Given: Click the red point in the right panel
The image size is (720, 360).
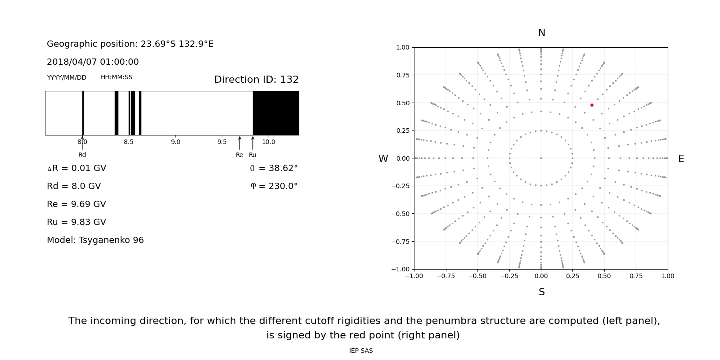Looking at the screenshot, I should coord(592,105).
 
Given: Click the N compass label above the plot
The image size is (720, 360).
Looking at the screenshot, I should coord(541,33).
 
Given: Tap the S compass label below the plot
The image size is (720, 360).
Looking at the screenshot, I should coord(541,292).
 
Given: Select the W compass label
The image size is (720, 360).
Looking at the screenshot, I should coord(383,159).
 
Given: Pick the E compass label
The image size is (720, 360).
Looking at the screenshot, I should coord(681,159).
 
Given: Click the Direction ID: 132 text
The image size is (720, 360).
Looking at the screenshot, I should coord(256,80).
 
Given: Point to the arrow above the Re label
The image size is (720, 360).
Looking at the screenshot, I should coord(239,143).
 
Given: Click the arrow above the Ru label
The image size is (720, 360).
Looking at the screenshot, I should coord(252,143).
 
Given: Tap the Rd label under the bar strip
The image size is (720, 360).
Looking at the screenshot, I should coord(82,155).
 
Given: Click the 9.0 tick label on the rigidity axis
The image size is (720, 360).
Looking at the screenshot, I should coord(175,142).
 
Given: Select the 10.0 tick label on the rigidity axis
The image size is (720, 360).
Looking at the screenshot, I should coord(268,142).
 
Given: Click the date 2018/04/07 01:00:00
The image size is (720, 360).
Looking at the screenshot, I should coord(93,62).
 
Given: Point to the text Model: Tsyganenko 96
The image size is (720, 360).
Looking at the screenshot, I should coord(95,240).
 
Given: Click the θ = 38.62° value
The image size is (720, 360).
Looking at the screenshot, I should coord(274,168).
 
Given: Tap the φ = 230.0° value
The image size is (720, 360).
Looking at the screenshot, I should coord(274,186).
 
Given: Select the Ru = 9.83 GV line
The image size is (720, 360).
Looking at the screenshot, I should coord(76,222).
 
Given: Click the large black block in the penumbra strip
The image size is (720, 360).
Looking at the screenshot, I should coord(276,113).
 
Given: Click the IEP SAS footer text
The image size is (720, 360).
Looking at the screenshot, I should coord(361,351).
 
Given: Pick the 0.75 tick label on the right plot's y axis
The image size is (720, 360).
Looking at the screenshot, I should coord(402,75).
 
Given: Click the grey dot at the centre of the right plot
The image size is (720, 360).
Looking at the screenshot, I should coord(541,158).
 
